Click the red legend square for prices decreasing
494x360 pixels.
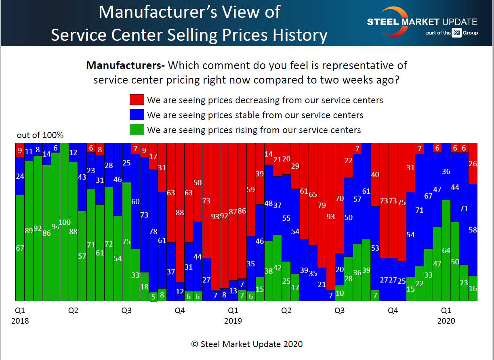(137, 100)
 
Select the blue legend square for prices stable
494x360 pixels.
(137, 115)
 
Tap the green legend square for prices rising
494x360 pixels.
(137, 130)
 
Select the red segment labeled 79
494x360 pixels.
(322, 205)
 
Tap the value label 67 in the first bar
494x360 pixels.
(20, 248)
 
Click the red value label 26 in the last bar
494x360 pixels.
(473, 164)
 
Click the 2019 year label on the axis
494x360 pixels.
(233, 321)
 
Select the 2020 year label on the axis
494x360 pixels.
(446, 321)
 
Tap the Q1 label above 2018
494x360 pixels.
(20, 311)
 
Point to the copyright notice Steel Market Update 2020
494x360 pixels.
(247, 344)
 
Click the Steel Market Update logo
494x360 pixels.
(422, 22)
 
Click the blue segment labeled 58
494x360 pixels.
(473, 230)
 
